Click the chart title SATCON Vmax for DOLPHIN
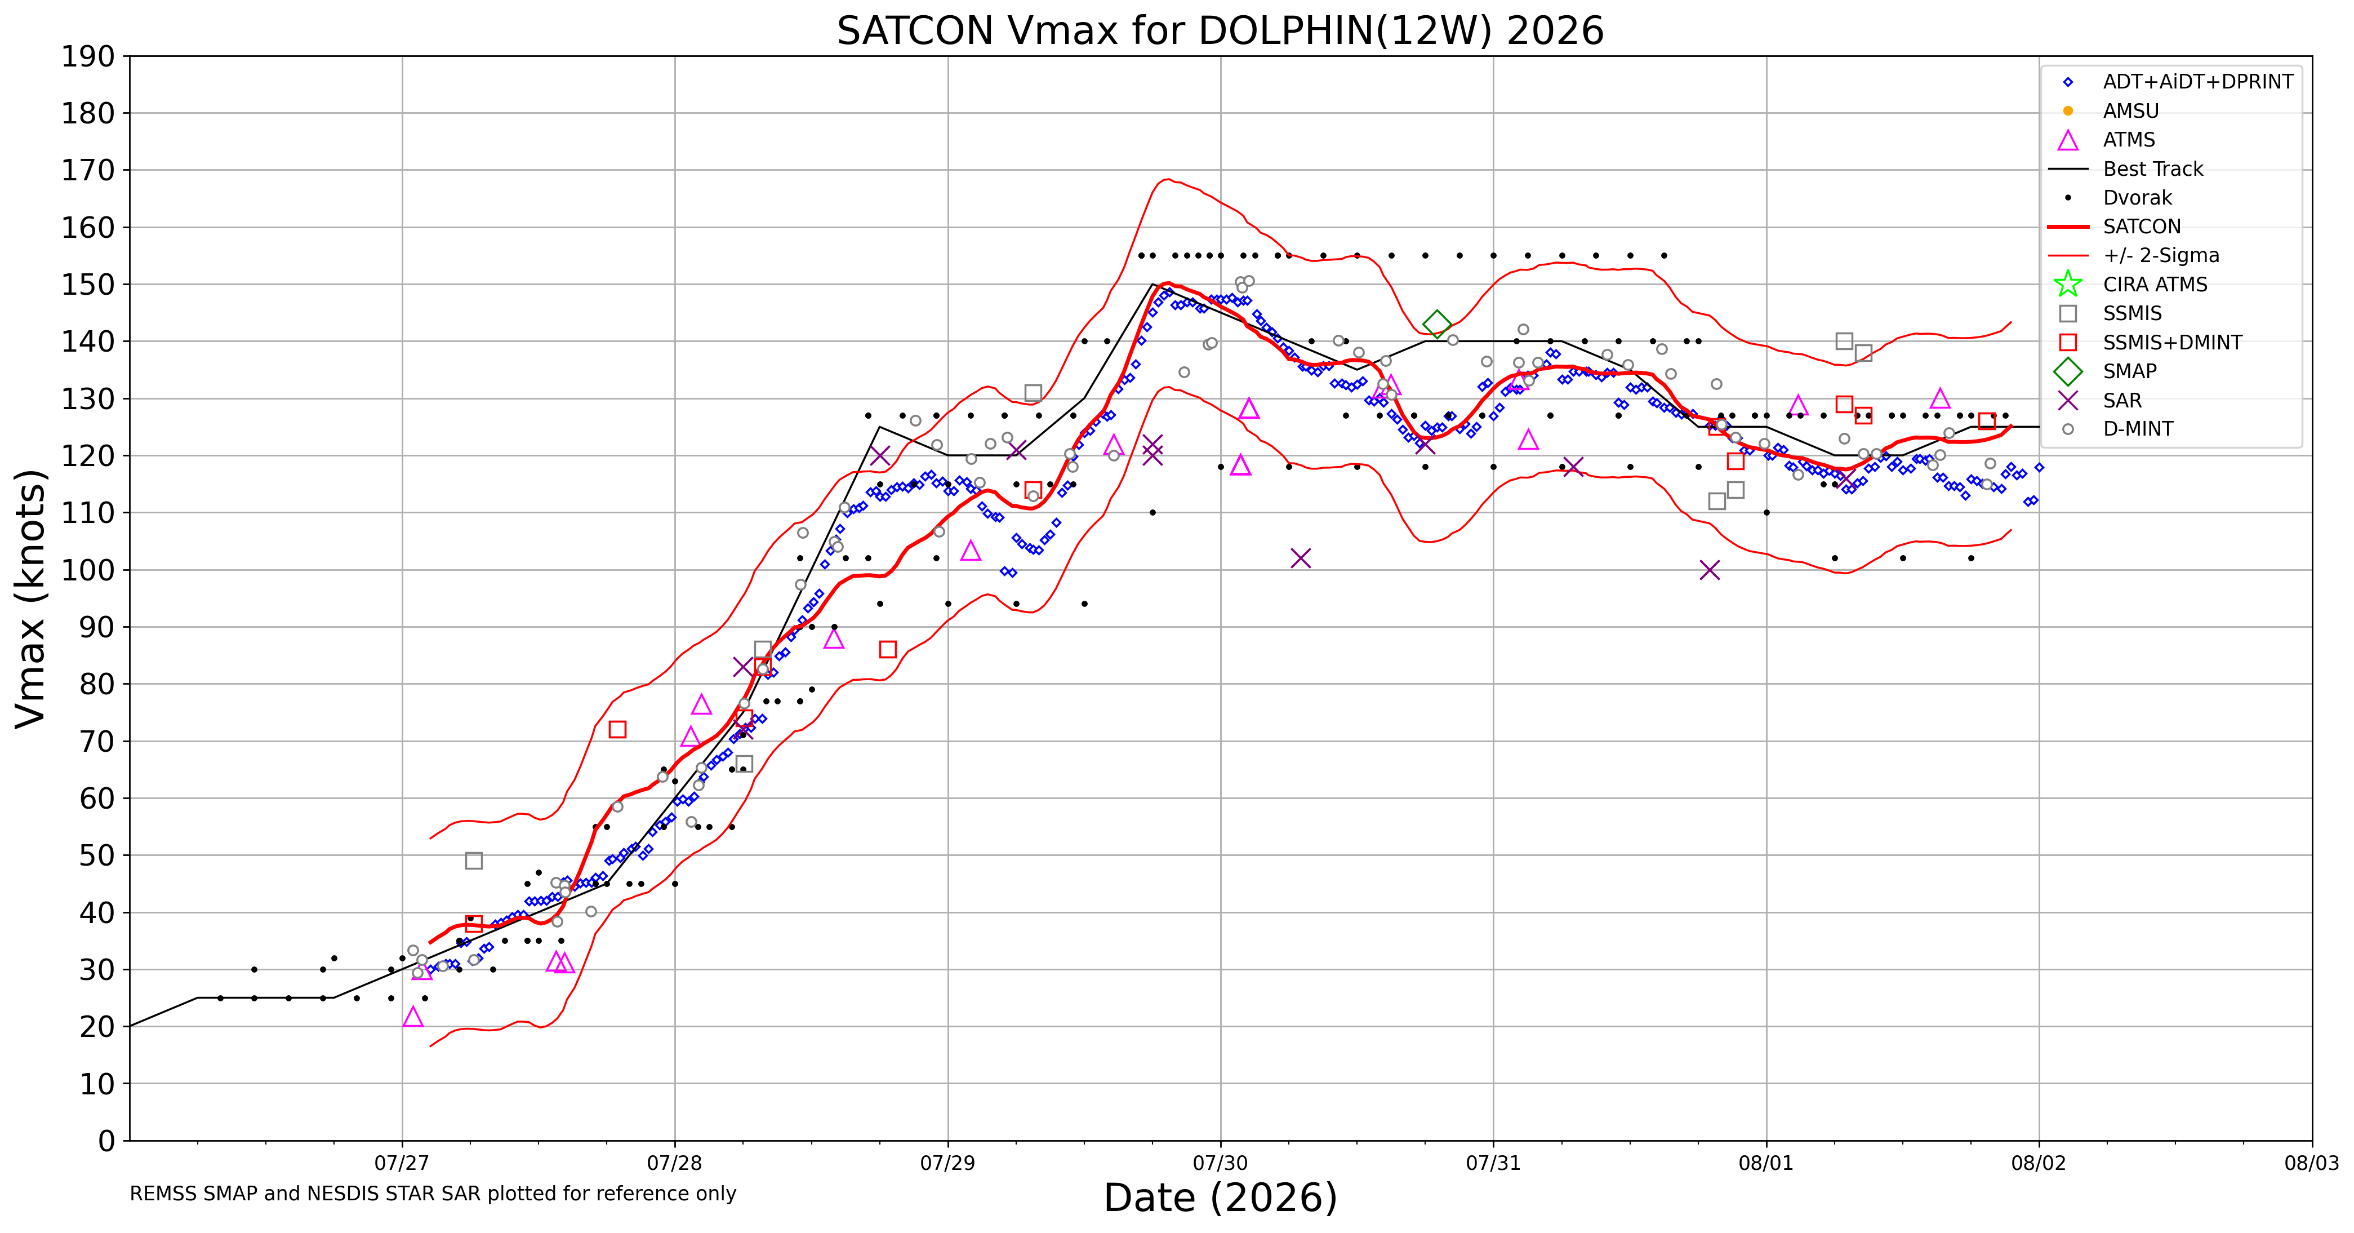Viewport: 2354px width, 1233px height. [x=1220, y=30]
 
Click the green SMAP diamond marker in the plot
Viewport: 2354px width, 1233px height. [x=1436, y=323]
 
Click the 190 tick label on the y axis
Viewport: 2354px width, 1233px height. [x=88, y=57]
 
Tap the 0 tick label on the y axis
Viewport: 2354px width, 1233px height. [x=107, y=1141]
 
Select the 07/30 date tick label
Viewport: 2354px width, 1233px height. [x=1220, y=1164]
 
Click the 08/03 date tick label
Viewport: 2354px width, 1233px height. [x=2312, y=1164]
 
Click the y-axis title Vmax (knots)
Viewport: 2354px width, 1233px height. [x=30, y=598]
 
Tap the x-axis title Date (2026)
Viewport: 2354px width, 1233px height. [x=1220, y=1197]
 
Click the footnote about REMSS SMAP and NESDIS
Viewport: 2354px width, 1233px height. [x=433, y=1194]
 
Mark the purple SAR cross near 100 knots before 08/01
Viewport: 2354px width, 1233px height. [x=1710, y=570]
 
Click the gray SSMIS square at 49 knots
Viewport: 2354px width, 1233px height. [x=473, y=861]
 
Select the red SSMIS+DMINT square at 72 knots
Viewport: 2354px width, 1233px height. [x=618, y=729]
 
